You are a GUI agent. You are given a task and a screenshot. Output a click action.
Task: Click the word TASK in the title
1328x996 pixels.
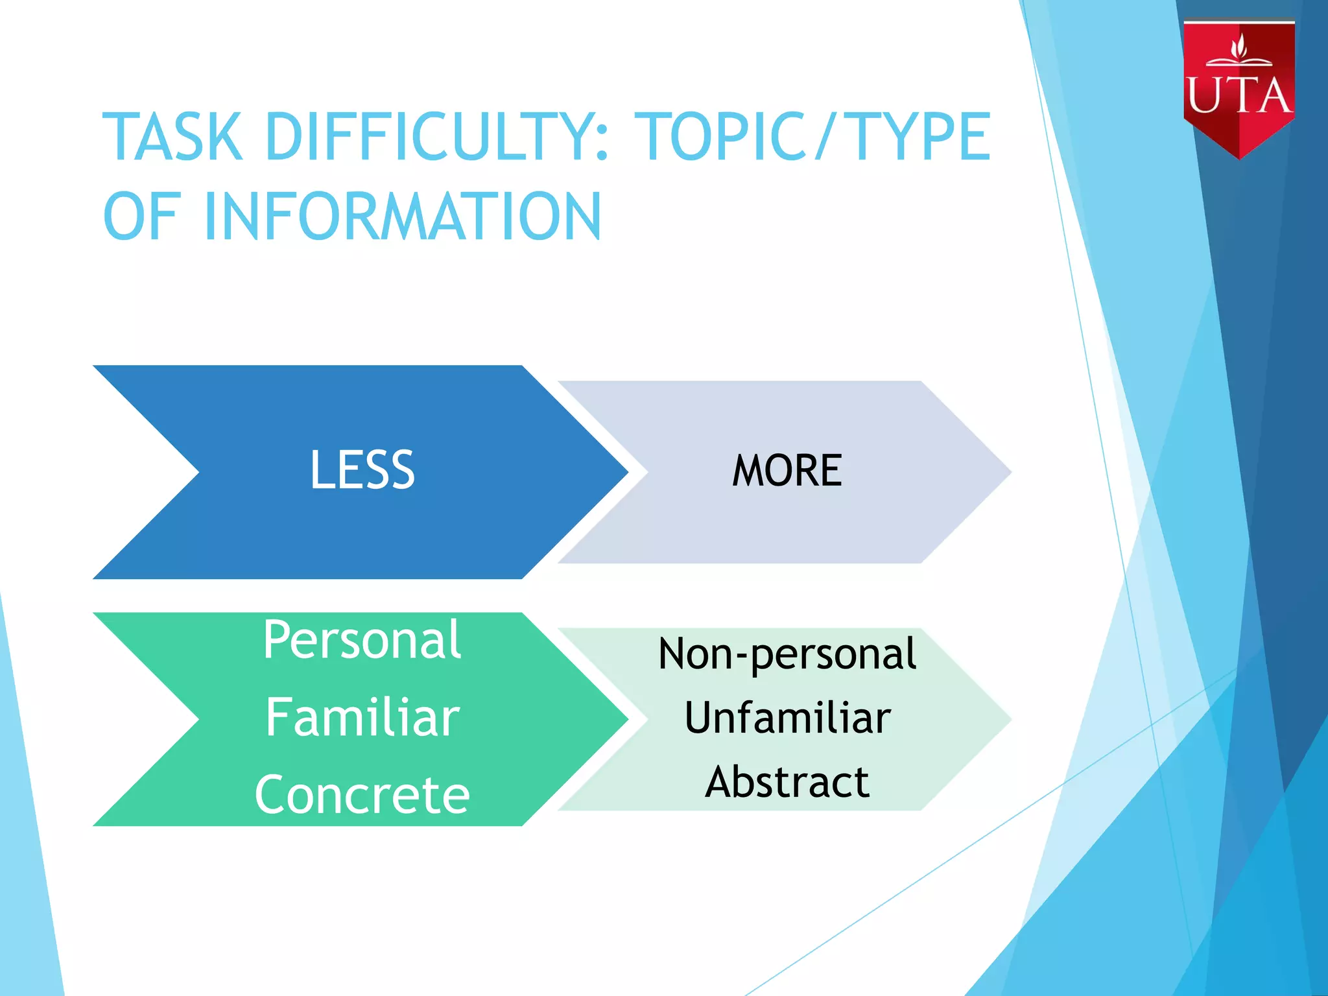pos(172,137)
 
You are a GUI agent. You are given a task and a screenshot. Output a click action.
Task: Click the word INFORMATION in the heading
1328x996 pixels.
pos(402,217)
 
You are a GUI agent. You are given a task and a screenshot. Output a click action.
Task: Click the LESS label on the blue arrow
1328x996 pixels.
pos(362,470)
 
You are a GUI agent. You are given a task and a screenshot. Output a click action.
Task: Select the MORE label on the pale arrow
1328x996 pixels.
pos(787,471)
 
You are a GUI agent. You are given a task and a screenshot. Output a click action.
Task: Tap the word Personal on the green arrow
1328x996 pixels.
pos(362,640)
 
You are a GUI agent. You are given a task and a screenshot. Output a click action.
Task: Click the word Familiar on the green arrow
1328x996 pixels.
pos(362,718)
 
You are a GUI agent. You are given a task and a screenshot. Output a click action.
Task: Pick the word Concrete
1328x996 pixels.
pos(362,795)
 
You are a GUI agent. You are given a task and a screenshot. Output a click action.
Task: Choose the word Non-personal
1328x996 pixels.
pos(787,654)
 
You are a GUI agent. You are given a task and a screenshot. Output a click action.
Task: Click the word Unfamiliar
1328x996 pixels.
pos(787,718)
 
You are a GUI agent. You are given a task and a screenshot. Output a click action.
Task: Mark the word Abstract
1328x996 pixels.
pos(787,782)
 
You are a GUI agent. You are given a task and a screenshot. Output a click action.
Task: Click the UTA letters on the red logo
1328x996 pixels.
pos(1239,96)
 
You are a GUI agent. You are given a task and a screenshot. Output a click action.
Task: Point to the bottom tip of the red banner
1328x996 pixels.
pos(1239,157)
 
